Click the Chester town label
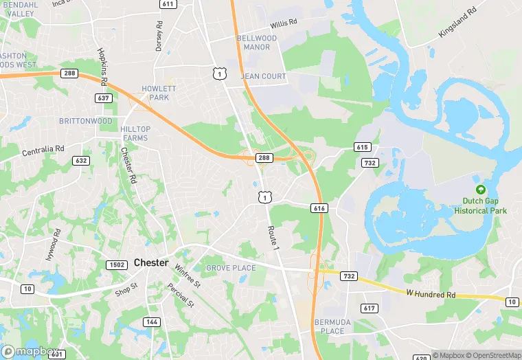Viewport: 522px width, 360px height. [x=150, y=262]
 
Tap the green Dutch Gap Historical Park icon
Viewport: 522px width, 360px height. [x=480, y=190]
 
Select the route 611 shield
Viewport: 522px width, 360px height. [x=168, y=4]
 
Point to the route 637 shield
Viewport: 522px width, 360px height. [x=103, y=99]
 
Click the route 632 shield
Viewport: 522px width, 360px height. [x=81, y=161]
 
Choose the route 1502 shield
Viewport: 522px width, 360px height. [x=116, y=265]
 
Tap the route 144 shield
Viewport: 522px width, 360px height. [x=151, y=322]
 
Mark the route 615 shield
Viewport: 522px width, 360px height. [x=363, y=147]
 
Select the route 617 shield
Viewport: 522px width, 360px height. [x=369, y=308]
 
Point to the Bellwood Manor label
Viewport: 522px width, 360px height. [x=257, y=43]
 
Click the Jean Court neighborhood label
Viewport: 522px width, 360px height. [x=263, y=76]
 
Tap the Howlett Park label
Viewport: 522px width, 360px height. [x=159, y=93]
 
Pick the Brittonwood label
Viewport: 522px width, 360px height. [x=85, y=121]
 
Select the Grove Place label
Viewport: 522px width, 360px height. [x=231, y=268]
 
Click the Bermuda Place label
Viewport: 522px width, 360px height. [x=328, y=326]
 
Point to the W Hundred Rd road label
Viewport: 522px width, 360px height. [x=431, y=293]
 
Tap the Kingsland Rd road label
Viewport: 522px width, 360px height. [x=457, y=23]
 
